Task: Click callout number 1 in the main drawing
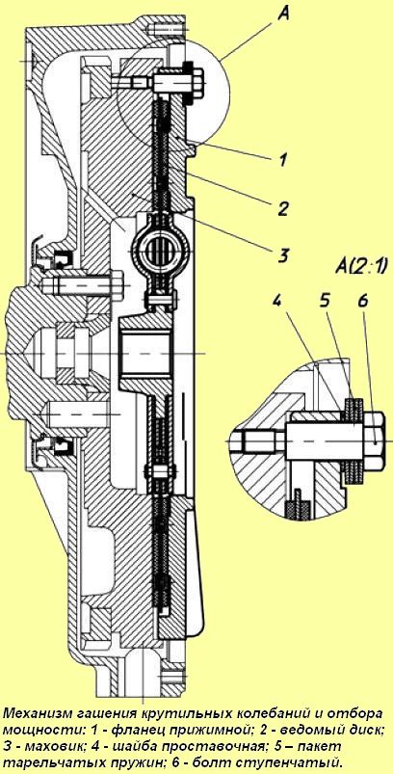tap(282, 159)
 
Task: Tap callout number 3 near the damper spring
tap(282, 255)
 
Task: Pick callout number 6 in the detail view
tap(362, 302)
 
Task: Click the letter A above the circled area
tap(282, 14)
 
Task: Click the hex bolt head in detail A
tap(376, 440)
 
